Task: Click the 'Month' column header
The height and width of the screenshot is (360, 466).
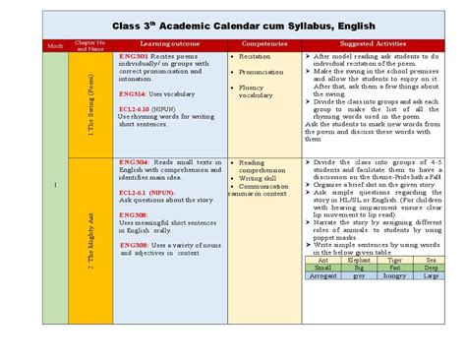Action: coord(54,45)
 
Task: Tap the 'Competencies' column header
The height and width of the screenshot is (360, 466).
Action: coord(263,44)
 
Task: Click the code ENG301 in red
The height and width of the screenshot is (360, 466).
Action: coord(134,57)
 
